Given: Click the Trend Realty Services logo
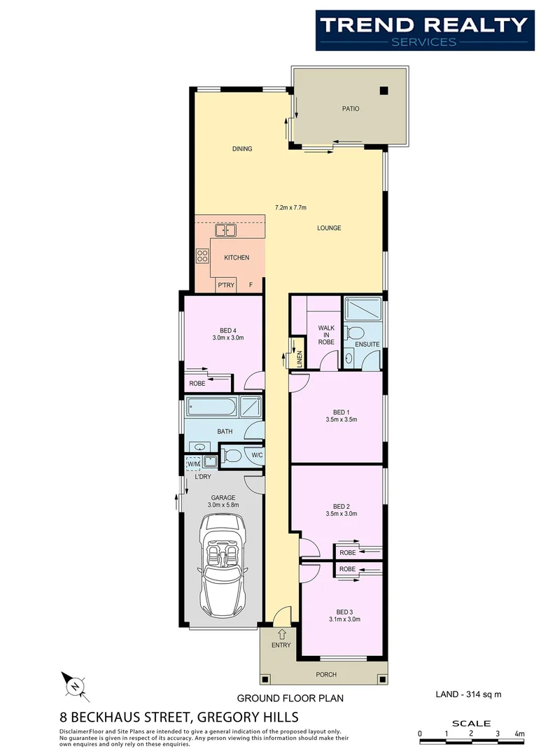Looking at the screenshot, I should [x=424, y=31].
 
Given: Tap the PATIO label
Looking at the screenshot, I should [x=351, y=108].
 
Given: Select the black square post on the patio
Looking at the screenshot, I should [x=384, y=90].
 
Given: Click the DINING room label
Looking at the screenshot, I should [x=242, y=148].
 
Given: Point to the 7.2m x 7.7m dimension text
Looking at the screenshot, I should [x=291, y=207].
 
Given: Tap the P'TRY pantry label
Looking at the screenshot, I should [x=225, y=285].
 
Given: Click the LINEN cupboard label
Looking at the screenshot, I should [x=300, y=359].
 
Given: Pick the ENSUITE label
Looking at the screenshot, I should [x=367, y=344].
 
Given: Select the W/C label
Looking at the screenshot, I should [x=257, y=456].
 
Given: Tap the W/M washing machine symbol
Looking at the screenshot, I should [x=193, y=463].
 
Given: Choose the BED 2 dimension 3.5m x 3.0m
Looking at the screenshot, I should [x=342, y=514].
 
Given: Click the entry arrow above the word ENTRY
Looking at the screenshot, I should [x=282, y=633].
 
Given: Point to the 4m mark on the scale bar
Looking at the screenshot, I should [x=519, y=734].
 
